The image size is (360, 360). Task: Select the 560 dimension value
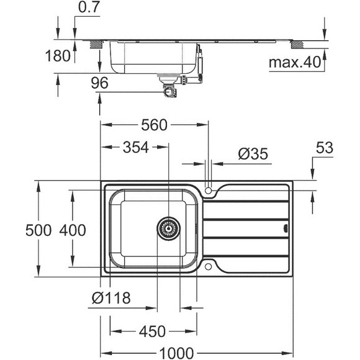tap(154, 125)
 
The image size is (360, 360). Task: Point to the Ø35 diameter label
tap(253, 153)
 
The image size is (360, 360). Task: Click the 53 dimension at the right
tap(324, 148)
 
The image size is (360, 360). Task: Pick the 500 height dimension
tap(17, 230)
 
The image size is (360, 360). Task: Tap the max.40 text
tap(293, 62)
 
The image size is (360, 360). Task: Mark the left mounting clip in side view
tap(97, 44)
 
